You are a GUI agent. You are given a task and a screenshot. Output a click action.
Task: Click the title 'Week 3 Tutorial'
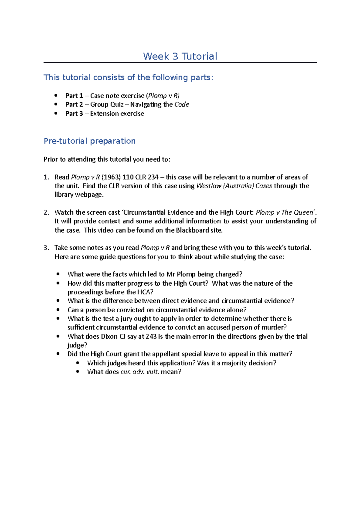click(x=180, y=56)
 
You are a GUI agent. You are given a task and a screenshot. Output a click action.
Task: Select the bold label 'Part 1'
click(x=74, y=96)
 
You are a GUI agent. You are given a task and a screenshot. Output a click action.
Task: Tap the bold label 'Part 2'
click(x=74, y=104)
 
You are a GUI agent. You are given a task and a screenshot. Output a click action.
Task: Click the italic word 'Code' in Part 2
click(x=181, y=104)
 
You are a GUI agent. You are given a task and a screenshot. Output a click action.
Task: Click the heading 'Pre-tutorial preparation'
click(x=89, y=141)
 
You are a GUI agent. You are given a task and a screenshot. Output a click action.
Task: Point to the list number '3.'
click(x=46, y=248)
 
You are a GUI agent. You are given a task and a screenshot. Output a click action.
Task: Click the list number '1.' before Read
click(x=46, y=177)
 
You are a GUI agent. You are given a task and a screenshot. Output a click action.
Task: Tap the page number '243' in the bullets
click(x=151, y=336)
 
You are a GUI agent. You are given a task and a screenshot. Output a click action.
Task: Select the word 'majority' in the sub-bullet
click(x=234, y=363)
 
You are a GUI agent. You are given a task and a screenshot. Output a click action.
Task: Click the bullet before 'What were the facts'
click(x=58, y=274)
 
